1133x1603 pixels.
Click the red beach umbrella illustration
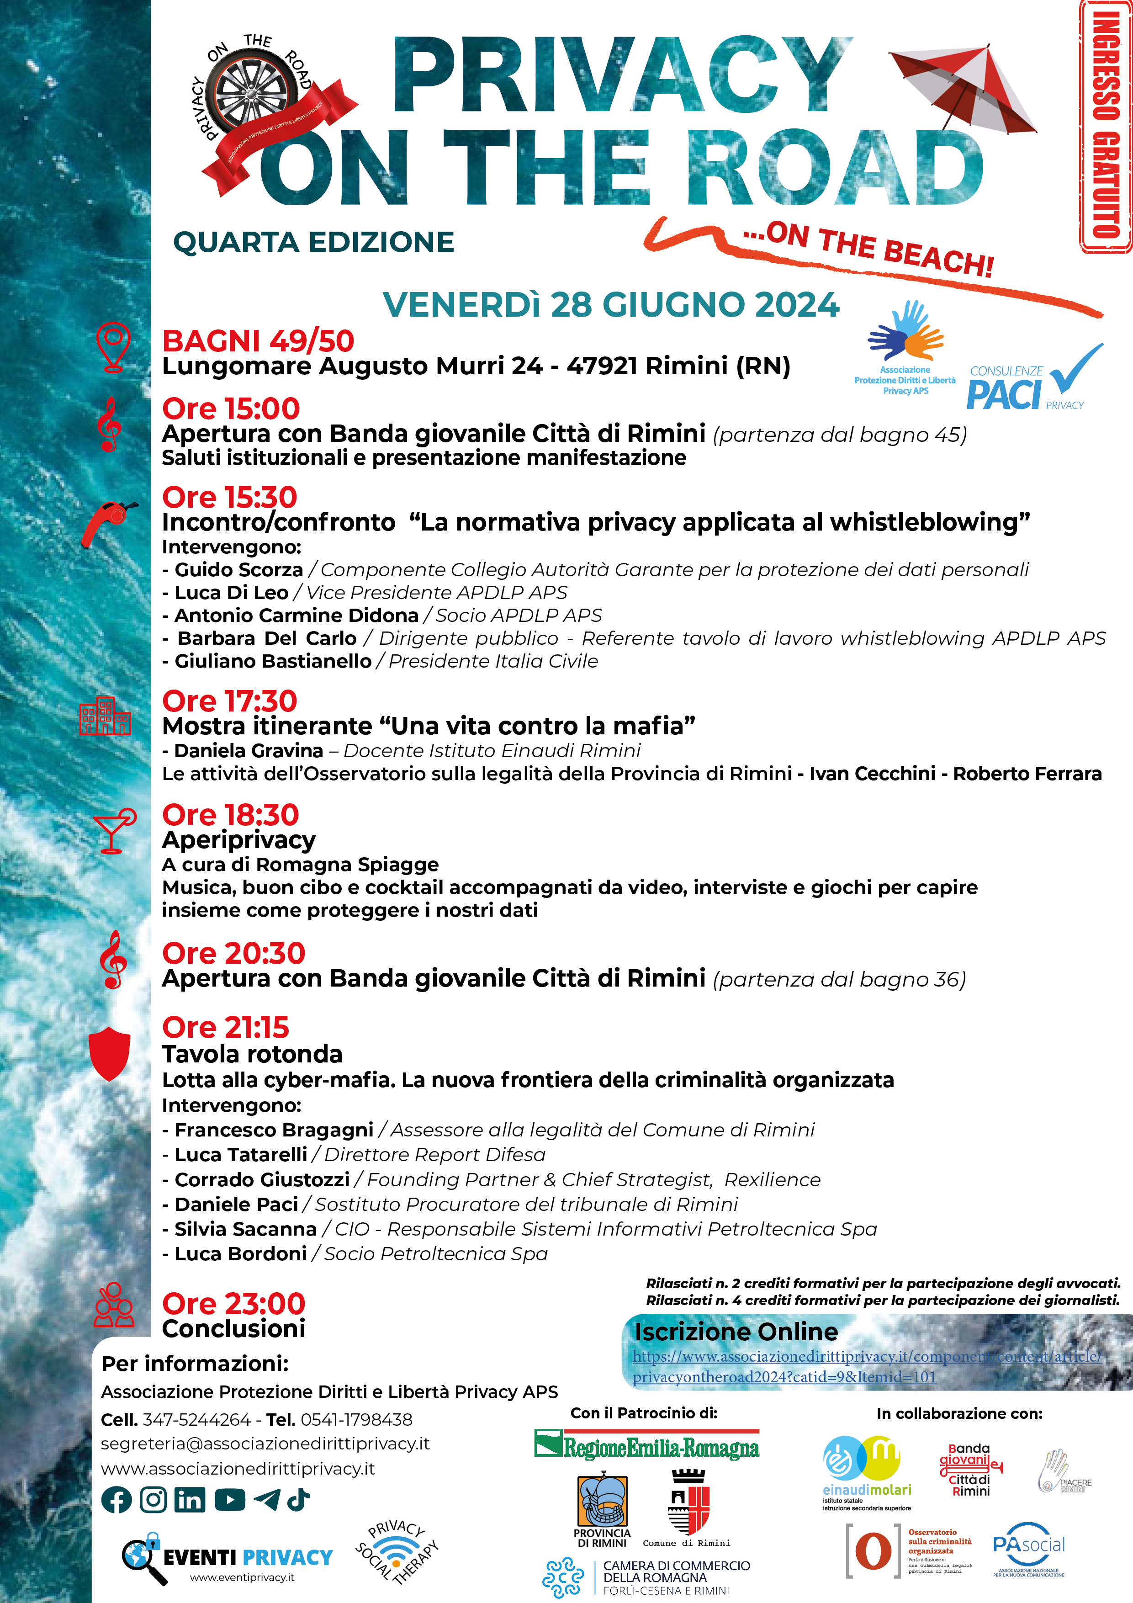pyautogui.click(x=962, y=87)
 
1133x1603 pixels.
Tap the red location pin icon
pyautogui.click(x=113, y=345)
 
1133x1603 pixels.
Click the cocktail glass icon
pyautogui.click(x=114, y=831)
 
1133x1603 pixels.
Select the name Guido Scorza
pyautogui.click(x=239, y=570)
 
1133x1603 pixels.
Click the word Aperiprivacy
pyautogui.click(x=239, y=840)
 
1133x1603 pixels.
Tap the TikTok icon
pyautogui.click(x=299, y=1498)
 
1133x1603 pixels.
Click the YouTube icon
pyautogui.click(x=230, y=1499)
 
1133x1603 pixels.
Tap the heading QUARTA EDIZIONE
pyautogui.click(x=313, y=242)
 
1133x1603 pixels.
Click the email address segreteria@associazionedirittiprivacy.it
pyautogui.click(x=265, y=1443)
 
